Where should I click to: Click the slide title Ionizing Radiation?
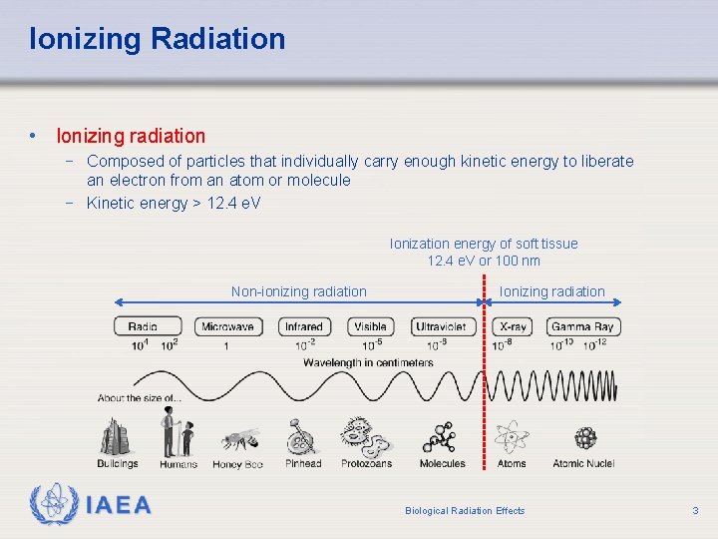[x=158, y=39]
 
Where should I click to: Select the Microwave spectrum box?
[x=228, y=326]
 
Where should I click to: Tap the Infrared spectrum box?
[x=304, y=326]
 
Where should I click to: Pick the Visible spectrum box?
[x=371, y=326]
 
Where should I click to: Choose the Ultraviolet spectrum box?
[x=441, y=326]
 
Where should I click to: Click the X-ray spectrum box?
[x=514, y=326]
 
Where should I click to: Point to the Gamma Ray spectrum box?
[x=583, y=326]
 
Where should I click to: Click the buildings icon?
[x=118, y=435]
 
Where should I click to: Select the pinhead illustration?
[x=302, y=437]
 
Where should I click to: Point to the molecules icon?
[x=440, y=437]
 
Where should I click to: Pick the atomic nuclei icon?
[x=585, y=437]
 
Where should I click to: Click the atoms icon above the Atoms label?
[x=513, y=436]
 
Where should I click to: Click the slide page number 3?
[x=695, y=511]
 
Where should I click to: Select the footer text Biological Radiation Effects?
[x=465, y=511]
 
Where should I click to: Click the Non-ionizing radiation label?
[x=299, y=291]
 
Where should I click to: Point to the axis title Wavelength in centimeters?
[x=369, y=362]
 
